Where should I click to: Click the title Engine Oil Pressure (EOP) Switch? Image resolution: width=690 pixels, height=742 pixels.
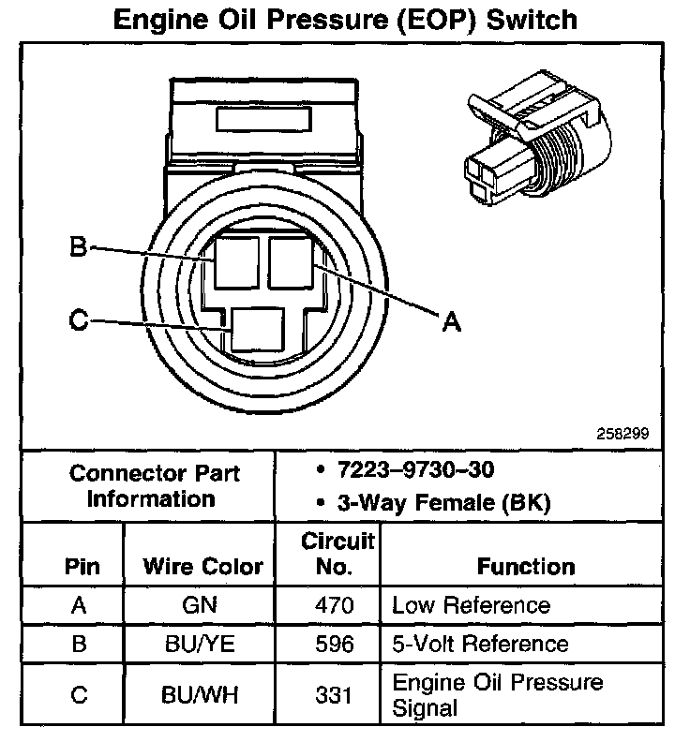tap(344, 21)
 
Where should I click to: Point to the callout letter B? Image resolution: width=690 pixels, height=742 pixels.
tap(79, 248)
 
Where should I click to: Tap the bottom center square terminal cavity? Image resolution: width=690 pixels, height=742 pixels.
tap(258, 331)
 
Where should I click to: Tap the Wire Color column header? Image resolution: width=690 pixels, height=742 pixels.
tap(202, 567)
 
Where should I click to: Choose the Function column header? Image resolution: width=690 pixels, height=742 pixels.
tap(525, 567)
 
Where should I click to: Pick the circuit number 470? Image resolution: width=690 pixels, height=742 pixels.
tap(336, 605)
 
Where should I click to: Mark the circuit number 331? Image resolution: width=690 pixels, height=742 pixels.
tap(336, 694)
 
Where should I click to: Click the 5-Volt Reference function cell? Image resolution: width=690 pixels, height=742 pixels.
tap(480, 644)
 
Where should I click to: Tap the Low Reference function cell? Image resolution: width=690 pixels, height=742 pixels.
tap(471, 605)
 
